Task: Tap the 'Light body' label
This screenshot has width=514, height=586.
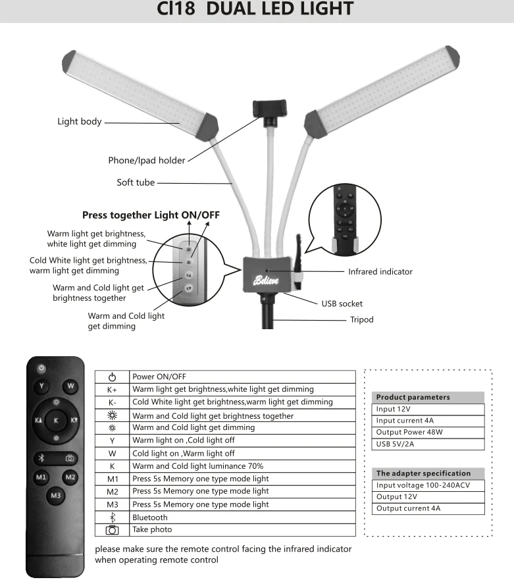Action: click(79, 121)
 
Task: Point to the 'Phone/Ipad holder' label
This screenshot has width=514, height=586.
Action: click(146, 160)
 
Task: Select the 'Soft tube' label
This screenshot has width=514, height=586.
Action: click(136, 182)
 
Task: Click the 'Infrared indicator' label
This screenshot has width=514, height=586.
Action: click(380, 271)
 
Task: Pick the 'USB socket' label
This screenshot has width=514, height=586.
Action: click(342, 304)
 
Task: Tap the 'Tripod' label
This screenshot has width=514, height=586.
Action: click(361, 319)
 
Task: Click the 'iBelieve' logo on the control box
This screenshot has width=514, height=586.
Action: click(265, 280)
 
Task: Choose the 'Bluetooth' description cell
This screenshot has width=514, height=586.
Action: click(150, 518)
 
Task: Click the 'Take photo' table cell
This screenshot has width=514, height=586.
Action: click(152, 529)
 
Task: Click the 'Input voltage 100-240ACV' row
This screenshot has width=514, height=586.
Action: click(421, 485)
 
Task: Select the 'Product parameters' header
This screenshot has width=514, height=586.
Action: click(413, 397)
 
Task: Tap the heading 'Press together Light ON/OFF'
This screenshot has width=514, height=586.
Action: click(151, 215)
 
